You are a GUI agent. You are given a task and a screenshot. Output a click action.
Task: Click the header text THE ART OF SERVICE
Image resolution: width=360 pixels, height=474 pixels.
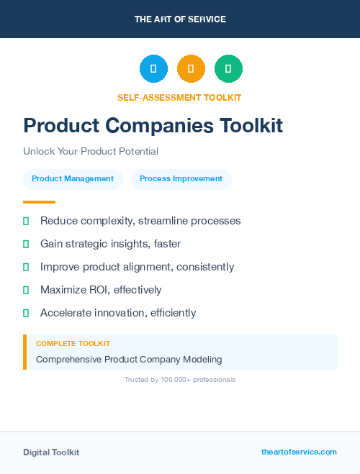(180, 19)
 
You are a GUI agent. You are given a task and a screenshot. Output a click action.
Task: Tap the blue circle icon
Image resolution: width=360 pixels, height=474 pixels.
(153, 69)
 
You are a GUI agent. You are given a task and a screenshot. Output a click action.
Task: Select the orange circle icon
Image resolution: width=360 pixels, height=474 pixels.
(191, 69)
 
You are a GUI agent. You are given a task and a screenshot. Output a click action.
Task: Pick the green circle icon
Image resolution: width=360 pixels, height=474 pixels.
(228, 69)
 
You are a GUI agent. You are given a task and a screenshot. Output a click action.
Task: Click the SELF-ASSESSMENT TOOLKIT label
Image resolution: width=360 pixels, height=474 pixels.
(179, 97)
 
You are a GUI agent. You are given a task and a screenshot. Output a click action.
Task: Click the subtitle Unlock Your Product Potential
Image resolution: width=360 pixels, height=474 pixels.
(91, 151)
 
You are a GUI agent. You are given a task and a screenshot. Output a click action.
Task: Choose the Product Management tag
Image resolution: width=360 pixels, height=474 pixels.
(73, 179)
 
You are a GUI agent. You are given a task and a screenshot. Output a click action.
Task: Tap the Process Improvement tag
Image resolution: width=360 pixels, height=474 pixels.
(181, 179)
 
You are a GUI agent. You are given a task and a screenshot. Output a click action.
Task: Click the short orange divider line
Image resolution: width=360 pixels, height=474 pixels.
(39, 202)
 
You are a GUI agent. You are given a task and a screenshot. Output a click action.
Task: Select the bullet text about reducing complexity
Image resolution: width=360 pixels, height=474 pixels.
(140, 221)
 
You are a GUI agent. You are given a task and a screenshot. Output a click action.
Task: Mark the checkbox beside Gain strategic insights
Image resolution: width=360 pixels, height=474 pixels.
(26, 244)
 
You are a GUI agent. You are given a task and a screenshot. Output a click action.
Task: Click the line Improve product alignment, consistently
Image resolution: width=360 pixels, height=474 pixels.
(137, 267)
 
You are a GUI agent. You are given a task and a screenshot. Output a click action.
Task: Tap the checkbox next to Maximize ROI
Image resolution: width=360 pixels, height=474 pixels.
(26, 290)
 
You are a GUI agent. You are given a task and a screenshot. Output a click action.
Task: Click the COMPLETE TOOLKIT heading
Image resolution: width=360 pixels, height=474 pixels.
(73, 344)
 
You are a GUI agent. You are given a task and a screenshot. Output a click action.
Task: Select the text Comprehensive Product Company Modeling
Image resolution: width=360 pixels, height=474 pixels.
(129, 359)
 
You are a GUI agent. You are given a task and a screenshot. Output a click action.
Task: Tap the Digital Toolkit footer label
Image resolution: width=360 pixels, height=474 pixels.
(51, 452)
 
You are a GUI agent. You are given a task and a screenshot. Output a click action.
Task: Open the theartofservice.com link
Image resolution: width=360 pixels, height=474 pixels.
(299, 452)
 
